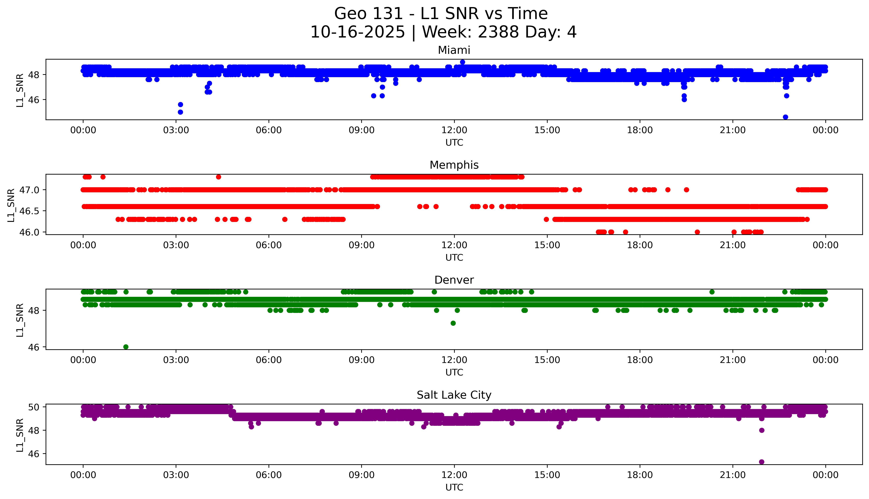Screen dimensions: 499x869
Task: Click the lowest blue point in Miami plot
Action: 785,117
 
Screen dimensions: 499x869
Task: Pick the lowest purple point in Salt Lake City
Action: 762,462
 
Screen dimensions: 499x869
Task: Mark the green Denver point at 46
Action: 126,347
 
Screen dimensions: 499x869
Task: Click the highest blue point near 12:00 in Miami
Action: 462,62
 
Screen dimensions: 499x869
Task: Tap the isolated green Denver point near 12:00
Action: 453,323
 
